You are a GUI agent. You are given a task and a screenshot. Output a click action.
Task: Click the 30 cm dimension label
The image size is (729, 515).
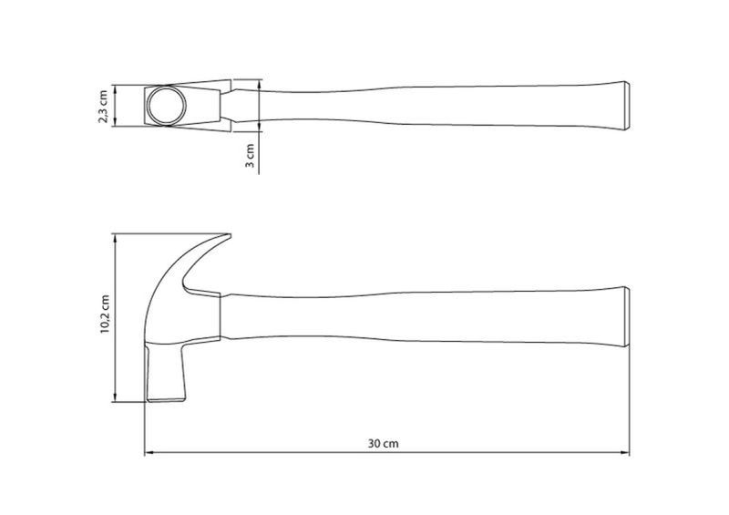(383, 443)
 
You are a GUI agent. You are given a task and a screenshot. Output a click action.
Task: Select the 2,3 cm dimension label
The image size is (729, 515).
(103, 107)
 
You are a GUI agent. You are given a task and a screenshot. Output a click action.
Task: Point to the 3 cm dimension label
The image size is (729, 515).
(250, 155)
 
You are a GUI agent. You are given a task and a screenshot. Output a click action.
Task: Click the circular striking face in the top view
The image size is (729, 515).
(167, 105)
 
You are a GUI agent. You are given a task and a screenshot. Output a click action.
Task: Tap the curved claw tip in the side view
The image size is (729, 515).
(228, 236)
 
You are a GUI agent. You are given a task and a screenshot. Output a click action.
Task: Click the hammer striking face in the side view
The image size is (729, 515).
(166, 399)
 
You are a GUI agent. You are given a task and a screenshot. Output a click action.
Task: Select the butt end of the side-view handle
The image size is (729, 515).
(627, 316)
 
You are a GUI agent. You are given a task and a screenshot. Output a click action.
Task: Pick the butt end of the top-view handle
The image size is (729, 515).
(627, 106)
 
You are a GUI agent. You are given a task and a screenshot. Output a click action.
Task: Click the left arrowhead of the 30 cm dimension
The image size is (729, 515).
(149, 452)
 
